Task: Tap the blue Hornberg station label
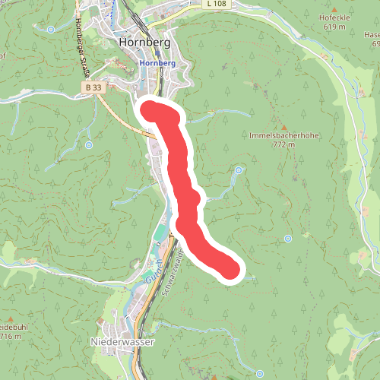click(158, 63)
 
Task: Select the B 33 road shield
click(91, 88)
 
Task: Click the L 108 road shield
click(217, 4)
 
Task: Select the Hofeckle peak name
click(335, 16)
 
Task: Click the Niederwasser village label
click(122, 342)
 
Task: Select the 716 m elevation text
click(11, 336)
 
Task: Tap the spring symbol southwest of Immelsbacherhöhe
click(238, 170)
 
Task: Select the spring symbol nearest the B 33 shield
click(89, 144)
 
